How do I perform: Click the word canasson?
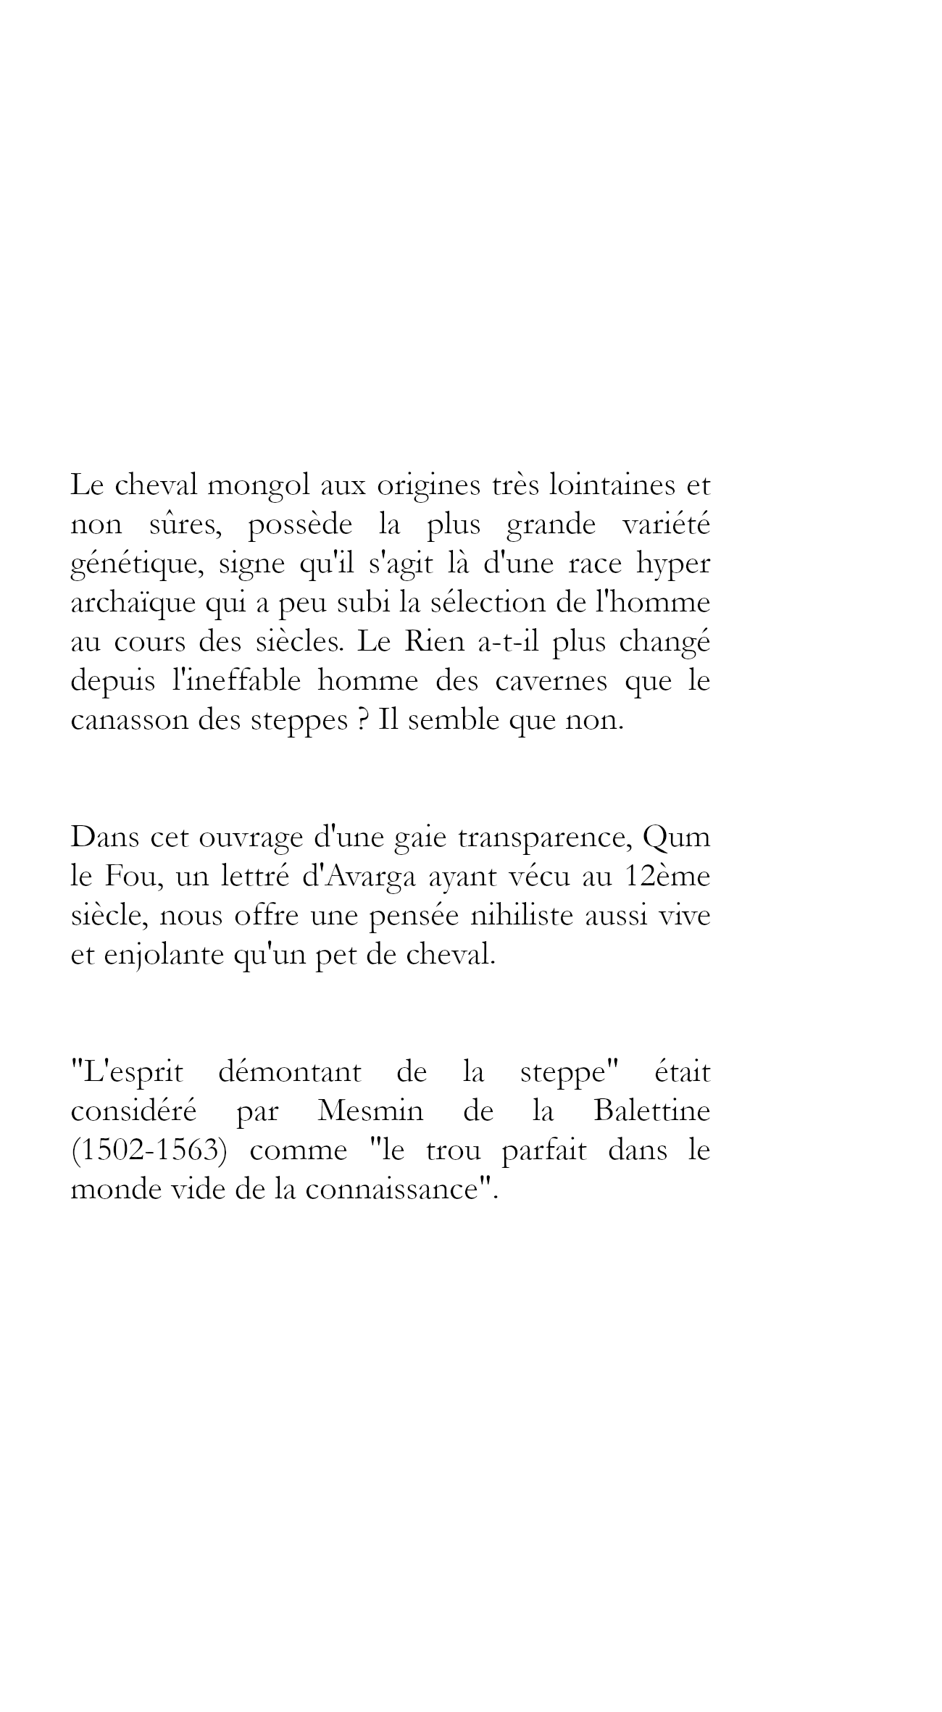[x=125, y=721]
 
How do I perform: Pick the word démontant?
[x=289, y=1072]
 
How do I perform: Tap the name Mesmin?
[x=370, y=1111]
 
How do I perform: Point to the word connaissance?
[x=395, y=1190]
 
